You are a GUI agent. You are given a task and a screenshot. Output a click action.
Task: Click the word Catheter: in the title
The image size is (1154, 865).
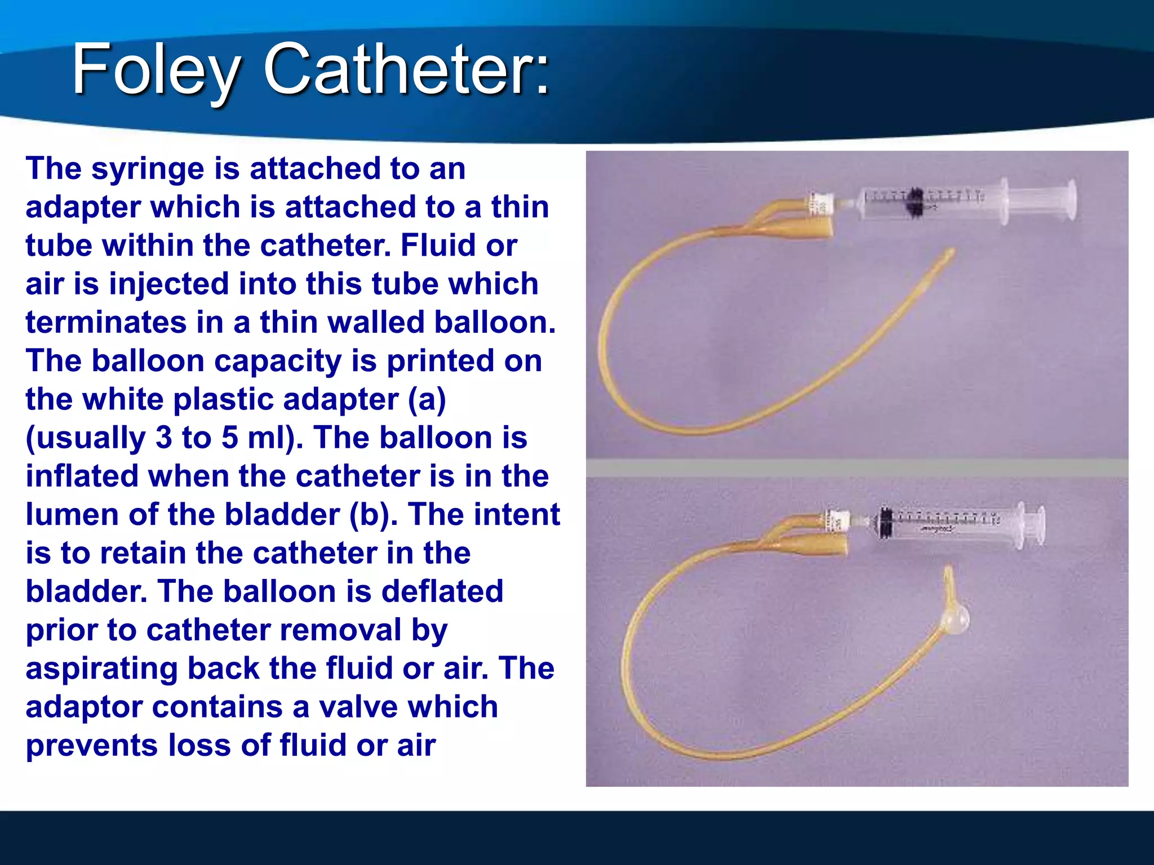[x=406, y=70]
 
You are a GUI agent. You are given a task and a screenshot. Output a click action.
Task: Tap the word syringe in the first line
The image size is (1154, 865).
[x=148, y=168]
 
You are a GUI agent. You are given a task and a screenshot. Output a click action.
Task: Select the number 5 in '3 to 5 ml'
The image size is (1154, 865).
[x=229, y=438]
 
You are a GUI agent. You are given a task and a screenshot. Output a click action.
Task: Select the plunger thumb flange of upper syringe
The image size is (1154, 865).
[x=1069, y=200]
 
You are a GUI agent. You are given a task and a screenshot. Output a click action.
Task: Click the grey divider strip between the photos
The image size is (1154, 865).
[x=856, y=467]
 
